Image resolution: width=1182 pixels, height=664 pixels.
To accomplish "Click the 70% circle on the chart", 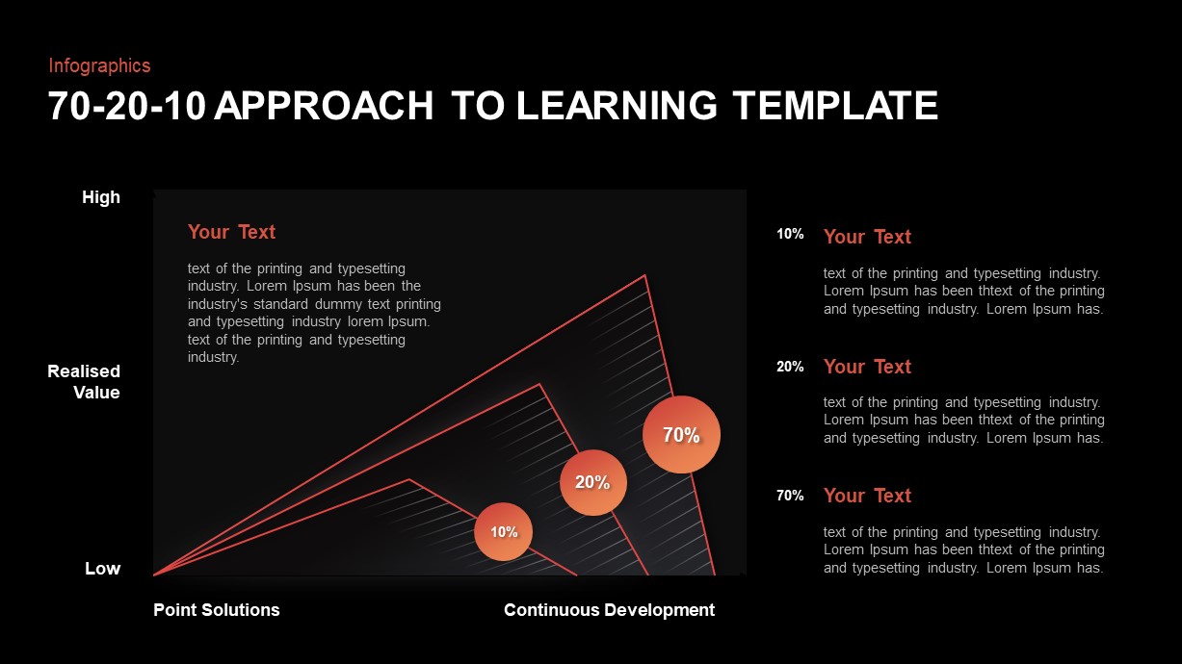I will pos(681,435).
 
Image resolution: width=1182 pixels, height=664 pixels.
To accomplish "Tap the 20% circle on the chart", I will pos(593,482).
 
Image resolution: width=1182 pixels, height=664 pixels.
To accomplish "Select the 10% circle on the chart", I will pos(503,531).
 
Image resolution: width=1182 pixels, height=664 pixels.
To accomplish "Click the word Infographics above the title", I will pos(99,65).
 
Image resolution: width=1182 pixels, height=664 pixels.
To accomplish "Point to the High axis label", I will pos(101,197).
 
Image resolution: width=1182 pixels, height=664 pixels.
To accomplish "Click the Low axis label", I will pos(102,569).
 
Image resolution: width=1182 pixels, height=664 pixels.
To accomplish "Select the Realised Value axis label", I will pos(84,382).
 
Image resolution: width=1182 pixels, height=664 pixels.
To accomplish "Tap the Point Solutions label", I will pos(217,610).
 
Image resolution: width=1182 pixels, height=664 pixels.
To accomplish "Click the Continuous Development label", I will pos(609,610).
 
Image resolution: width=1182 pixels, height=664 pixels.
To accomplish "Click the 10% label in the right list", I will pos(790,234).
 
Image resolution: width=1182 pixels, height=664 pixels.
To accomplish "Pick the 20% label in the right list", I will pos(790,367).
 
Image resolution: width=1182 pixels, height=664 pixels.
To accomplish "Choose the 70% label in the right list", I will pos(790,496).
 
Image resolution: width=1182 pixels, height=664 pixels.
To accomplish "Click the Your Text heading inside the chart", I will pos(231,232).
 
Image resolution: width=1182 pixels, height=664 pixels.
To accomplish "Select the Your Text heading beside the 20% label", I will pos(867,367).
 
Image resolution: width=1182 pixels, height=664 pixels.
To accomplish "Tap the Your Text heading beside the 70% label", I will pos(867,496).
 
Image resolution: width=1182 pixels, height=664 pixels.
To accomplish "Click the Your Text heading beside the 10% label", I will pos(867,237).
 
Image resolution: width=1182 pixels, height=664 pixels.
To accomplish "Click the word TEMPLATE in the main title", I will pos(834,106).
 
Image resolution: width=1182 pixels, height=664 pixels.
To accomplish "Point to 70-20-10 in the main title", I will pos(126,106).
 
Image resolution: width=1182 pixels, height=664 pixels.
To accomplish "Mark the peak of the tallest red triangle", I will pos(644,276).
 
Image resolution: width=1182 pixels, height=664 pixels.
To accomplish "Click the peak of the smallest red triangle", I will pos(409,479).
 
